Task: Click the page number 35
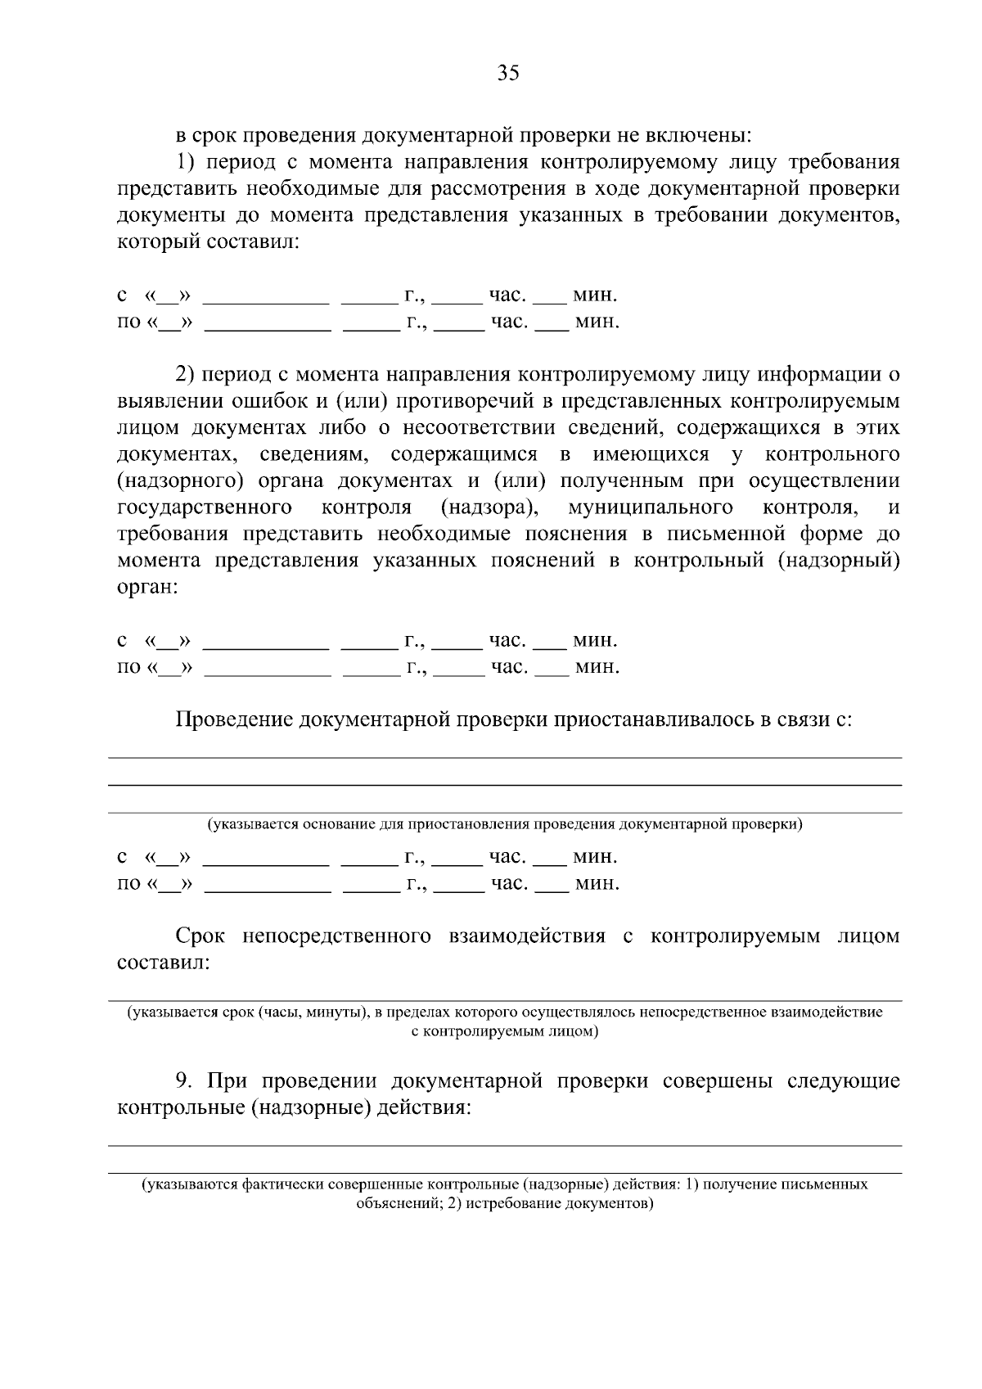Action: click(x=507, y=74)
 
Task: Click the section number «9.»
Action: click(x=186, y=1081)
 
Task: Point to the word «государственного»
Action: click(x=205, y=508)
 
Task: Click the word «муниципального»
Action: click(x=650, y=508)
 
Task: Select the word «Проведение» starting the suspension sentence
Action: click(x=234, y=720)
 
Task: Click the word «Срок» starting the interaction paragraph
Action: click(x=200, y=936)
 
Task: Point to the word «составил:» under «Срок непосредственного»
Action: click(x=164, y=963)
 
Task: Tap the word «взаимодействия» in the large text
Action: click(x=527, y=936)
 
